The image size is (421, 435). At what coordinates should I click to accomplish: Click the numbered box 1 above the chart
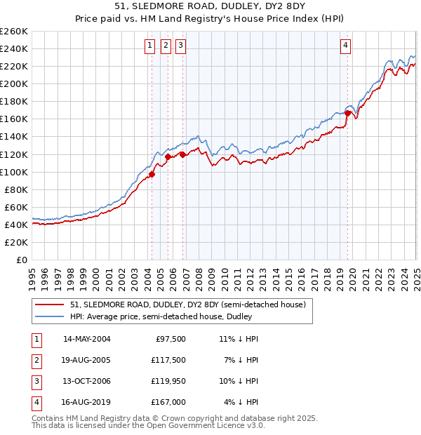coord(150,46)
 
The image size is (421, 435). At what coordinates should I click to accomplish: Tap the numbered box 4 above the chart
coord(346,46)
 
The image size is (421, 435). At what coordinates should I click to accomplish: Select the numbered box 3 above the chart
coord(180,46)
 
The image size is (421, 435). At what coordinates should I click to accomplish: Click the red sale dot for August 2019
coord(348,113)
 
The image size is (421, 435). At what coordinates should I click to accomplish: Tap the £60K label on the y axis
coord(17,207)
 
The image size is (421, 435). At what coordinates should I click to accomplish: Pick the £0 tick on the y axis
coord(23,260)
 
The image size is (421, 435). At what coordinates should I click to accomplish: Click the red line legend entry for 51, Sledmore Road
coord(187,305)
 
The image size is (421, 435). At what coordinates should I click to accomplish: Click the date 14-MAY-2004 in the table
coord(86,338)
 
